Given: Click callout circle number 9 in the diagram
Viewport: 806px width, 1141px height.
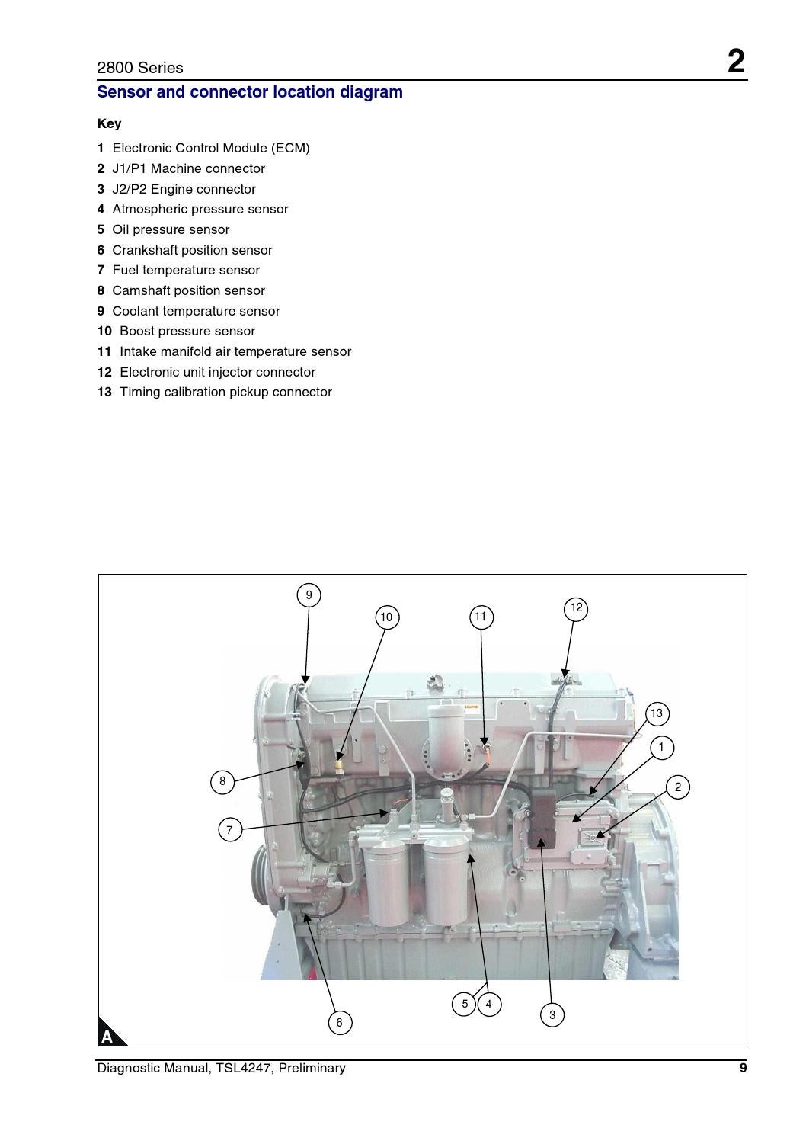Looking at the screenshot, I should click(x=309, y=595).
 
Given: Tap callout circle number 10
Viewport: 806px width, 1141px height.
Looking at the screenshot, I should click(x=386, y=617).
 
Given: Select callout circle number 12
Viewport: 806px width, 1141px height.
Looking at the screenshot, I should click(x=576, y=608).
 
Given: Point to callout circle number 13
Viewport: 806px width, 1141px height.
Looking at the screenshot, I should click(x=657, y=714).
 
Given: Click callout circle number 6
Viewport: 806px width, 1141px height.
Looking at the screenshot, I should click(x=340, y=1023).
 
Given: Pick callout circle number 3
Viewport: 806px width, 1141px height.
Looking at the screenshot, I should click(x=552, y=1015).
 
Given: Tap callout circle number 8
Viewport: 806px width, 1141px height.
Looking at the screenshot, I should click(x=222, y=781).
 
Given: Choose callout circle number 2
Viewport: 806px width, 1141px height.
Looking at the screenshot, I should click(x=678, y=787).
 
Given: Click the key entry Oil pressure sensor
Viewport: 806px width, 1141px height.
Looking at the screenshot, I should click(x=171, y=229).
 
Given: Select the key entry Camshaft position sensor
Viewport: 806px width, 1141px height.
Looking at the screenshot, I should click(x=188, y=290).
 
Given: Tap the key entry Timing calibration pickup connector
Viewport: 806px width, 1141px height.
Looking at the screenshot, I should click(x=225, y=392).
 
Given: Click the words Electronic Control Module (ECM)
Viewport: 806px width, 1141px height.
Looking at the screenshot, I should click(x=211, y=148).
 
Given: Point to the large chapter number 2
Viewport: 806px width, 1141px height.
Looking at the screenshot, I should click(x=735, y=61).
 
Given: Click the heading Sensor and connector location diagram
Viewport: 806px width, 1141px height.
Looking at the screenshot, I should click(x=250, y=92).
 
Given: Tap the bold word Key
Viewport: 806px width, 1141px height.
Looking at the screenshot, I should click(x=109, y=123).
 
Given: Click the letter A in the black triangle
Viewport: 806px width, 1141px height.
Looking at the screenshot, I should click(x=107, y=1037).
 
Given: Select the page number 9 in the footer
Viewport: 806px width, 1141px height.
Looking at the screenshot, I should click(x=743, y=1068).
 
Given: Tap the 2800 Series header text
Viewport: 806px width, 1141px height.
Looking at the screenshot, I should click(x=140, y=68).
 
